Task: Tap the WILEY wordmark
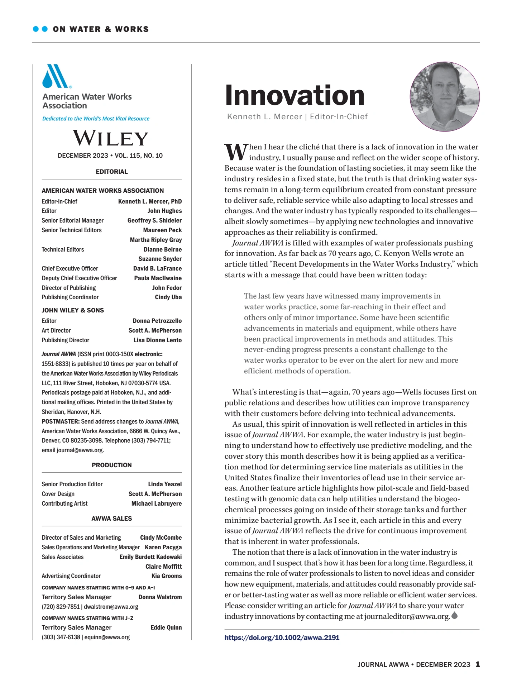click(111, 138)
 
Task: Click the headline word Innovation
click(295, 95)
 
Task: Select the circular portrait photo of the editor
click(444, 96)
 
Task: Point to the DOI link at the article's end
click(282, 637)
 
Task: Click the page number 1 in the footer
click(478, 664)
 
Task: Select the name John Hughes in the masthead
click(164, 211)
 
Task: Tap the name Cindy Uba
click(168, 297)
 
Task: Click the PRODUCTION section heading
click(111, 465)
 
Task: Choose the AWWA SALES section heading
click(111, 519)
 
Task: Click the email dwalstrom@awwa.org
click(111, 607)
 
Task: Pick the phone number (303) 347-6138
click(61, 637)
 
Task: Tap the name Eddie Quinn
click(166, 627)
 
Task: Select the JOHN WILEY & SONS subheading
click(73, 310)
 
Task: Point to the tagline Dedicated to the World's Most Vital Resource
click(96, 119)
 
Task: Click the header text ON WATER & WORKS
click(101, 29)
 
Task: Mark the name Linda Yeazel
click(165, 484)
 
